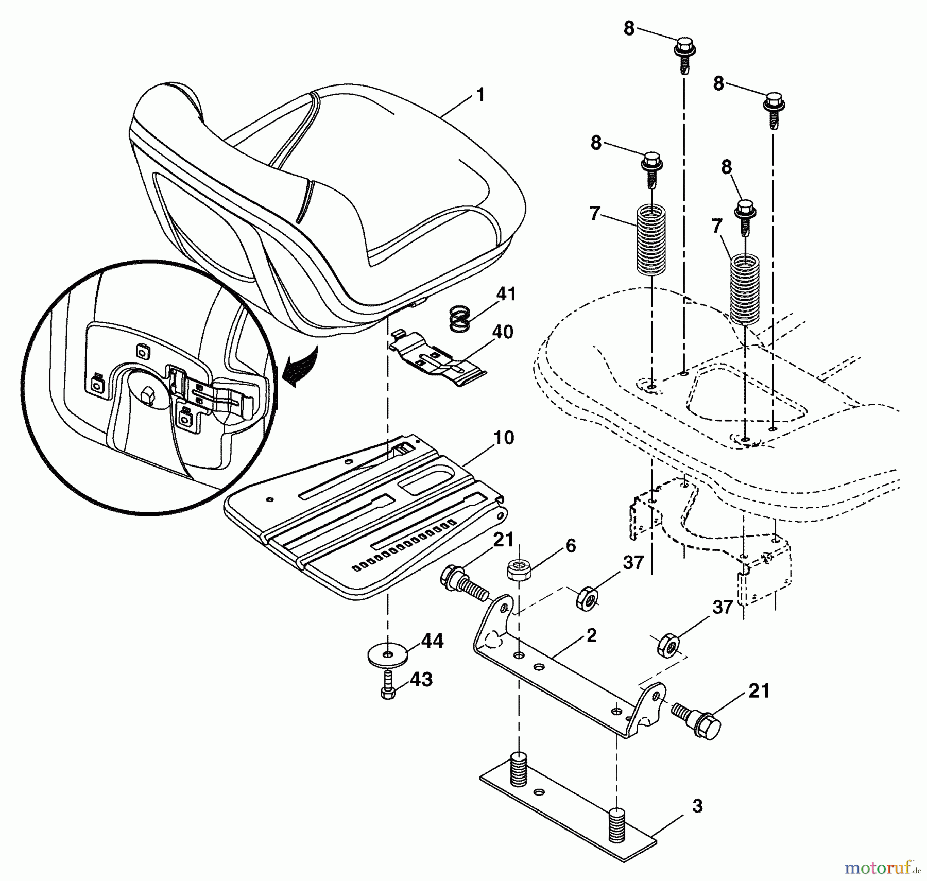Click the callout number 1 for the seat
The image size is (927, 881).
[x=480, y=96]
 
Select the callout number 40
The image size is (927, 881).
[x=502, y=332]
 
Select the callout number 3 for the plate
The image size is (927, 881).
[x=696, y=807]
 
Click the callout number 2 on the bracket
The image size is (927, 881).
[x=591, y=635]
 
